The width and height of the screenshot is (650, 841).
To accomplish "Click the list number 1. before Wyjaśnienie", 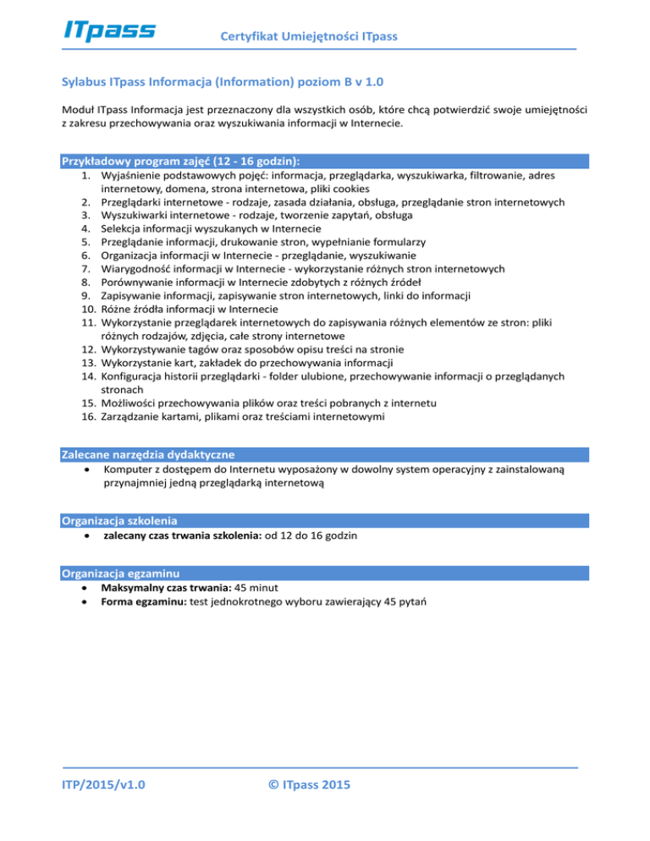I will [86, 175].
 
